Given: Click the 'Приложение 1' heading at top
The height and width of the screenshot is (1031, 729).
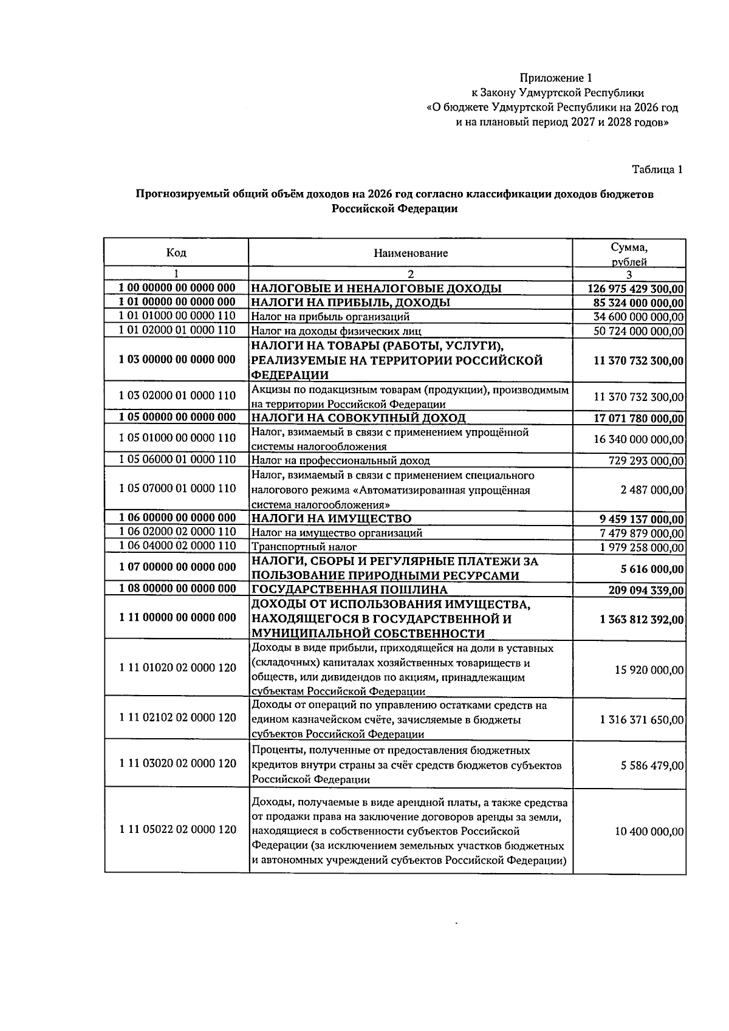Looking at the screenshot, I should (x=555, y=78).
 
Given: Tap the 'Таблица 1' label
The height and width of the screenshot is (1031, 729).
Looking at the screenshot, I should (x=657, y=170).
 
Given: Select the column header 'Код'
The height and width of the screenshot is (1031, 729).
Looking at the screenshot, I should (x=176, y=253).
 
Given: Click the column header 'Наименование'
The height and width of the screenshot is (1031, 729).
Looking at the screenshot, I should (x=411, y=253).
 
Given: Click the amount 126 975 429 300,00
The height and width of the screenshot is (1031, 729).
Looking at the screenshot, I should (x=636, y=289).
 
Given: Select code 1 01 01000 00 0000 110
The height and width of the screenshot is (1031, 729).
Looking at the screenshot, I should (x=177, y=316).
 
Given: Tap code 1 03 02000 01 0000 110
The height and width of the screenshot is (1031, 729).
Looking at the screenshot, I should (x=177, y=396).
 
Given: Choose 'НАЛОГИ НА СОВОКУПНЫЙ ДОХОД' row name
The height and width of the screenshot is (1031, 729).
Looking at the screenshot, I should (x=358, y=418).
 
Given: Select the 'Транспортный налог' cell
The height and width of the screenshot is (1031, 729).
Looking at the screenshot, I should (x=304, y=547).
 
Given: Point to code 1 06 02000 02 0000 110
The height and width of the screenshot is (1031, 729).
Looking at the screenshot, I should (x=177, y=532).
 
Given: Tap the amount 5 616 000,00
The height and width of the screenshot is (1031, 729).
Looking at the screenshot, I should (x=654, y=569).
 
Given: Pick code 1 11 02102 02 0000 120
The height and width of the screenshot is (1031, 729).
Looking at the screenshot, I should (x=177, y=718).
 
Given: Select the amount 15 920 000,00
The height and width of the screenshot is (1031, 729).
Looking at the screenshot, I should (x=649, y=670).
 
